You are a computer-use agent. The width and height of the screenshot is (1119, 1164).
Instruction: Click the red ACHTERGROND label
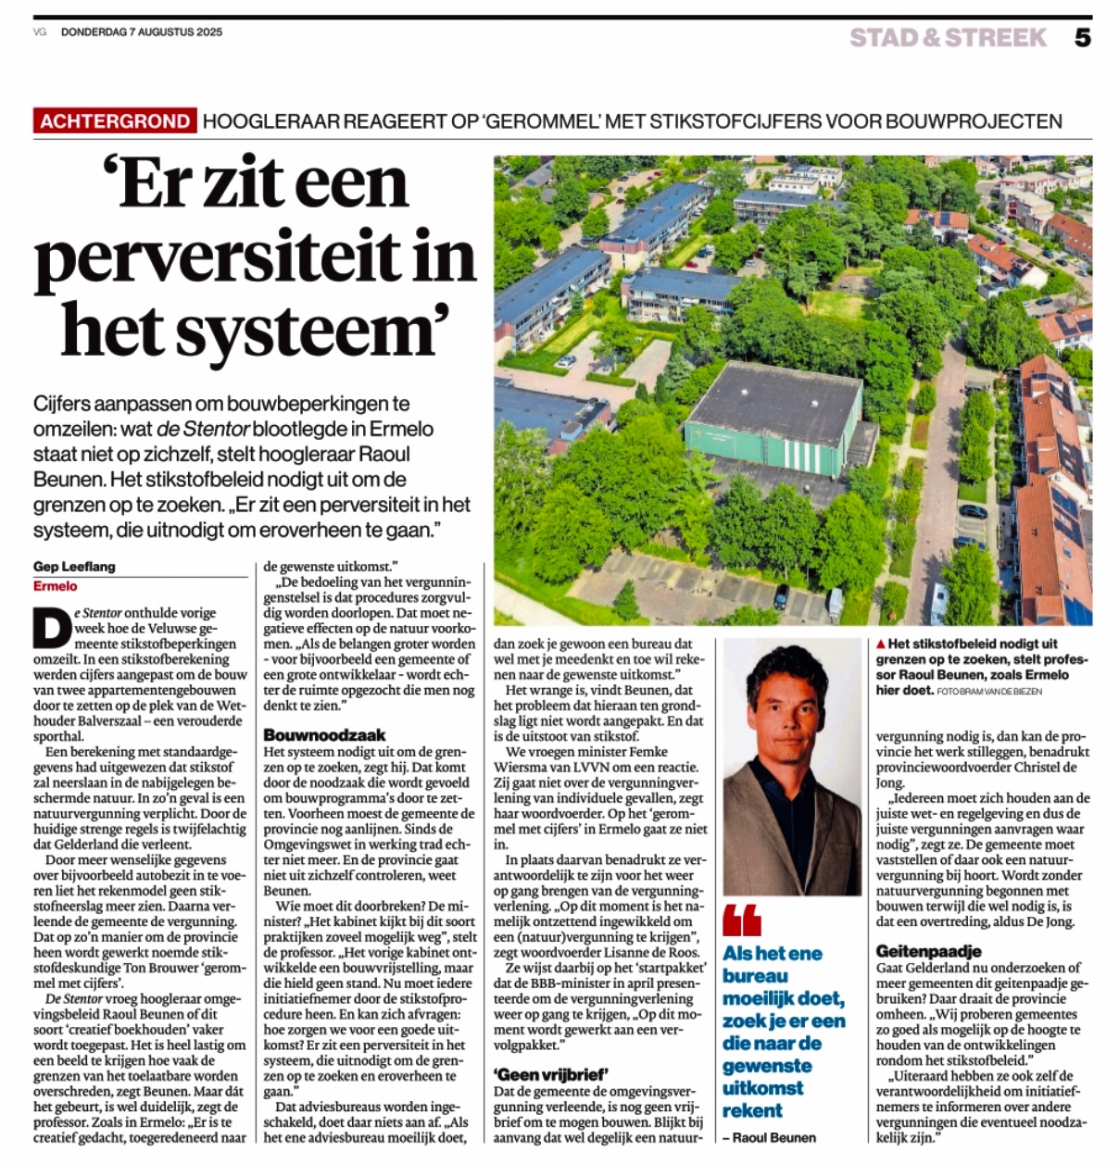pyautogui.click(x=115, y=121)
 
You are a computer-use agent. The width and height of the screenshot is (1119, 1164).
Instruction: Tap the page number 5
pyautogui.click(x=1082, y=38)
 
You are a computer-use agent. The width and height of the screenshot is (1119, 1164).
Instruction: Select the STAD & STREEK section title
pyautogui.click(x=948, y=38)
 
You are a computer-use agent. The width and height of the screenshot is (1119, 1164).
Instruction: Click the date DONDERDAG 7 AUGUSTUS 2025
pyautogui.click(x=142, y=32)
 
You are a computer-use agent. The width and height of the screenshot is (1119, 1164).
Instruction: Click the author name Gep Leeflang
pyautogui.click(x=74, y=567)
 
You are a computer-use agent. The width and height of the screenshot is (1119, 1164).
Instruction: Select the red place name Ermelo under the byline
pyautogui.click(x=56, y=586)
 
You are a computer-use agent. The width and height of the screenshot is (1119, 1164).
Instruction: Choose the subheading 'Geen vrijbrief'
pyautogui.click(x=550, y=1074)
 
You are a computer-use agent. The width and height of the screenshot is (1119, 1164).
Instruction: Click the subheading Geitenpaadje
pyautogui.click(x=928, y=951)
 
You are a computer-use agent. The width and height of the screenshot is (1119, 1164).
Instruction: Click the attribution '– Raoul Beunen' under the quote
pyautogui.click(x=770, y=1137)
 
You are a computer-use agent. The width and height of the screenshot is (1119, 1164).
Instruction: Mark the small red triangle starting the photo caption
pyautogui.click(x=880, y=644)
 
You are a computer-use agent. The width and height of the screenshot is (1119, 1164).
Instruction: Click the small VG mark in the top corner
pyautogui.click(x=40, y=32)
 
